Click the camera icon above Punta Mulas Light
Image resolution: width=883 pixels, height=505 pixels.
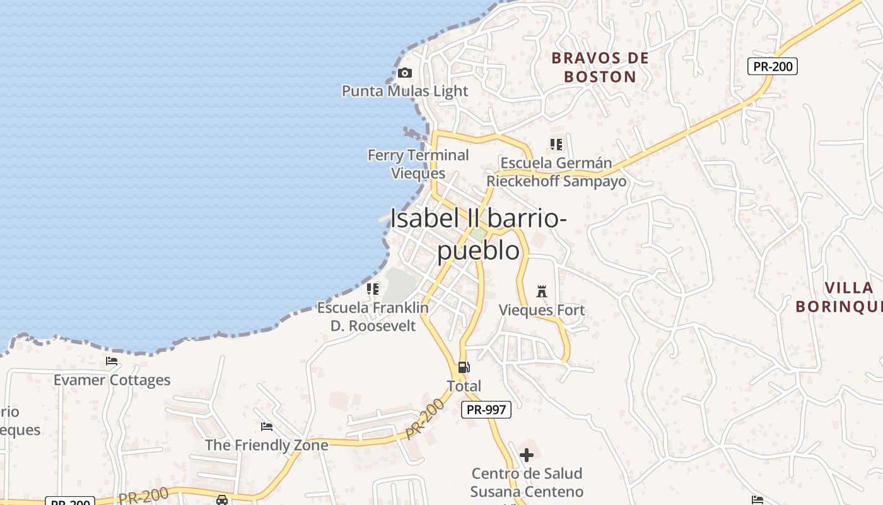tap(405, 73)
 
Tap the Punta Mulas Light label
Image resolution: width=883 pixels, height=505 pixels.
tap(405, 91)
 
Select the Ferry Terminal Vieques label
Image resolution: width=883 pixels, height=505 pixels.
tap(418, 164)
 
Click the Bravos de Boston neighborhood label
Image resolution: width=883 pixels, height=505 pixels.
tap(600, 68)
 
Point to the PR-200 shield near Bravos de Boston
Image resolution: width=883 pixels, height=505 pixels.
tap(772, 66)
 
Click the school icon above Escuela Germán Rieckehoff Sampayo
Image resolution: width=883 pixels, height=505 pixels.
tap(556, 145)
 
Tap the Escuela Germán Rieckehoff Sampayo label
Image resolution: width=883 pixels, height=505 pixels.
tap(556, 172)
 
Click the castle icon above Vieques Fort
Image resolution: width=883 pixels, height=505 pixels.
tap(541, 291)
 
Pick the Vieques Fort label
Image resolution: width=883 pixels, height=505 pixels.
tap(542, 310)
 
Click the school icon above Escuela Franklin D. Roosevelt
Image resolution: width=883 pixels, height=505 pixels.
tap(373, 289)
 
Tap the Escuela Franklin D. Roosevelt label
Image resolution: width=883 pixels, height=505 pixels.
tap(373, 317)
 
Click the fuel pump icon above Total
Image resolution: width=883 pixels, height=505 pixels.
tap(464, 367)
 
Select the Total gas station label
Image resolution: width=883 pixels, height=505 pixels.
tap(464, 386)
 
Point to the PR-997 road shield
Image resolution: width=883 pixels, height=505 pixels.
tap(486, 410)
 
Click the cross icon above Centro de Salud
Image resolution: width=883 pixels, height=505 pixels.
tap(527, 454)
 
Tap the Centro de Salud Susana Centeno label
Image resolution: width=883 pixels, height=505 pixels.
tap(527, 482)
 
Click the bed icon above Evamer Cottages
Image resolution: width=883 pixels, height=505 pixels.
tap(112, 361)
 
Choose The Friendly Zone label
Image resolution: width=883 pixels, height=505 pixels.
tap(266, 445)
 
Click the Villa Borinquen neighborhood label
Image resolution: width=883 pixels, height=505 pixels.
tap(839, 297)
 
